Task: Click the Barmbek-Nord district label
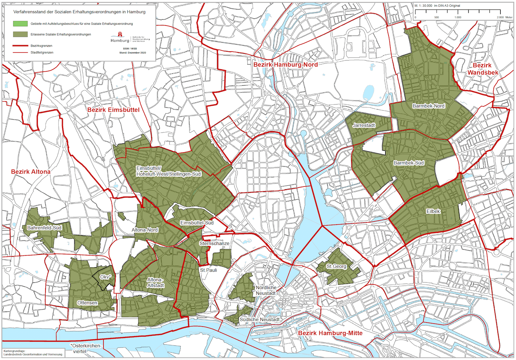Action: coord(428,106)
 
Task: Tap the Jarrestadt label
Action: coord(364,125)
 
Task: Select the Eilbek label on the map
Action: coord(433,211)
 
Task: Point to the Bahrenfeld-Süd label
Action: coord(44,228)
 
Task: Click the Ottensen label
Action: coord(87,303)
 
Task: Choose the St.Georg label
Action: coord(336,266)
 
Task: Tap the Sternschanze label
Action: coord(214,243)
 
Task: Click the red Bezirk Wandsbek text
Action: coord(482,69)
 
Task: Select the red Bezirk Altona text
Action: coord(31,171)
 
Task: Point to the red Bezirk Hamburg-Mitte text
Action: coord(330,333)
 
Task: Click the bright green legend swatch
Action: coord(20,24)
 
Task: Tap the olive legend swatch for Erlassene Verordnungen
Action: coord(20,34)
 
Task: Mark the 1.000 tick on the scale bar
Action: coord(458,17)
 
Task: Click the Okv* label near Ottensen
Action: coord(105,277)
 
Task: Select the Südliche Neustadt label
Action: coord(259,320)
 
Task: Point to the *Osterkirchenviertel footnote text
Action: coord(86,348)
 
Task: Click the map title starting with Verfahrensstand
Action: coord(79,12)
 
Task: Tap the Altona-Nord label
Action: coord(145,230)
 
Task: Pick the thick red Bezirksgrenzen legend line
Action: coord(20,46)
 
